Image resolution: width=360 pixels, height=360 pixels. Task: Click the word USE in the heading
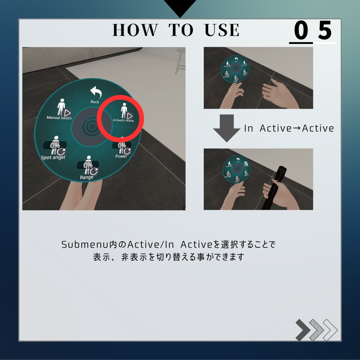point(222,30)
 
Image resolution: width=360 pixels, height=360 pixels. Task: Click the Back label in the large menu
point(95,102)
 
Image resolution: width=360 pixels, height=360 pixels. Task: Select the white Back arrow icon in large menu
point(96,93)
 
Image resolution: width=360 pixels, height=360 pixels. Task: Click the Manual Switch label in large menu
point(59,118)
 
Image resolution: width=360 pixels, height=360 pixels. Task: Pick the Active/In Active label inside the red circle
point(123,121)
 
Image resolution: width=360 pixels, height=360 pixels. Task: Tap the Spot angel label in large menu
point(53,158)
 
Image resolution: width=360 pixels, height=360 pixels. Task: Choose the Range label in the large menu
point(87,177)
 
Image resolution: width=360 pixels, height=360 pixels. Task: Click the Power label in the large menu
point(121,156)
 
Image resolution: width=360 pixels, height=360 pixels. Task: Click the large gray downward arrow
point(226,128)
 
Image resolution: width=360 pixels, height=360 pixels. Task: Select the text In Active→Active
point(289,128)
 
